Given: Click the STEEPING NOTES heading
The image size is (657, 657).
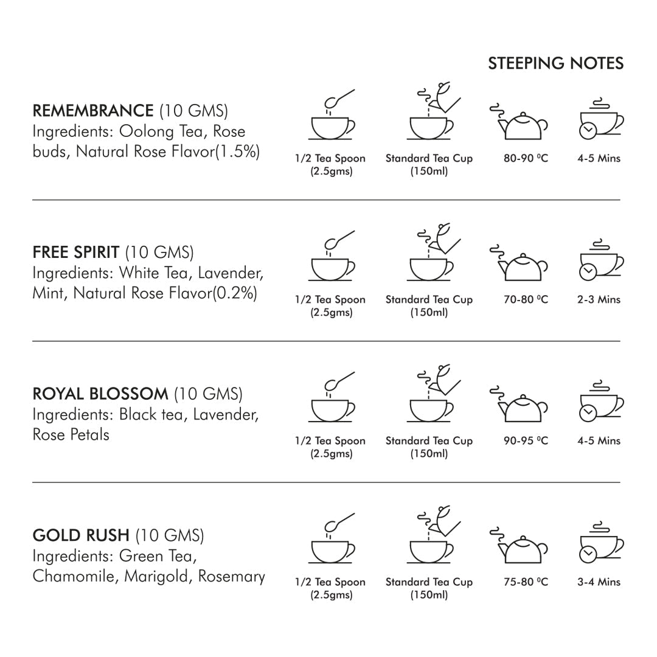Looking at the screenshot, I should [x=555, y=63].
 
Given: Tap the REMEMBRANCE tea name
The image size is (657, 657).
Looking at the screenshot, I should [x=92, y=111].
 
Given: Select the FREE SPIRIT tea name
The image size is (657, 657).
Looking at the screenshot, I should [x=75, y=252].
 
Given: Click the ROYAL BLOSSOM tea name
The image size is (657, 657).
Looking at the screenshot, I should [x=100, y=394].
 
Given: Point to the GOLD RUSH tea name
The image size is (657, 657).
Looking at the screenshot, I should [x=81, y=535].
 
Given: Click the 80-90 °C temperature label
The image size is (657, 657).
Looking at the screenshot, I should [x=526, y=158].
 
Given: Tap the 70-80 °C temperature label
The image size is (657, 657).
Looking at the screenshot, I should [x=526, y=299].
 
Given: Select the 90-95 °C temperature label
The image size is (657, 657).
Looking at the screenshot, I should [x=526, y=440].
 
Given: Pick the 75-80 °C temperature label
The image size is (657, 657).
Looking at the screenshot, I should [x=526, y=582].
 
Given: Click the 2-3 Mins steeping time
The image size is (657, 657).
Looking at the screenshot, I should [x=599, y=299].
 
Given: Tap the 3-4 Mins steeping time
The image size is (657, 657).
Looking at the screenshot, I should [x=599, y=582].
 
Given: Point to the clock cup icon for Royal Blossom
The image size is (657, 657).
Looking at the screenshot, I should [x=599, y=402].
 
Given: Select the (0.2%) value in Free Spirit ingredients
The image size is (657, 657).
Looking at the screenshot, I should [x=234, y=293].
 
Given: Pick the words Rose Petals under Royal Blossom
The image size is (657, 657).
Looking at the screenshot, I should [x=71, y=434].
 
